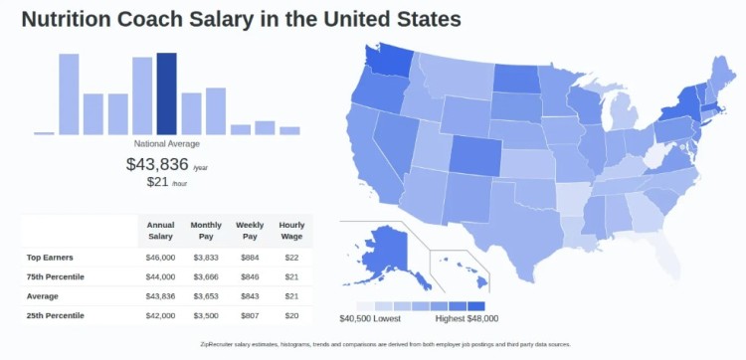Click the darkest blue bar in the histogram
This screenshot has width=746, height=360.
166,93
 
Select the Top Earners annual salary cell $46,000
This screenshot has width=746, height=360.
160,258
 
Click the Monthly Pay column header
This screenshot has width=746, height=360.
205,231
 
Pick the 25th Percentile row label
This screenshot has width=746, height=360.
57,315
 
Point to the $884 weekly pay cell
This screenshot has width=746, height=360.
249,258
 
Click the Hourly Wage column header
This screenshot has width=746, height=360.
291,231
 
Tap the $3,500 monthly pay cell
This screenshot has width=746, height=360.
205,315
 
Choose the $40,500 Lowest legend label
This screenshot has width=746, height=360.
371,319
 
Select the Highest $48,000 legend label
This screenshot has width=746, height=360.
466,319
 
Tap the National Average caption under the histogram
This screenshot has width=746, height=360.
166,144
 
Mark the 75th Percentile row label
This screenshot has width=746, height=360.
56,276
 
